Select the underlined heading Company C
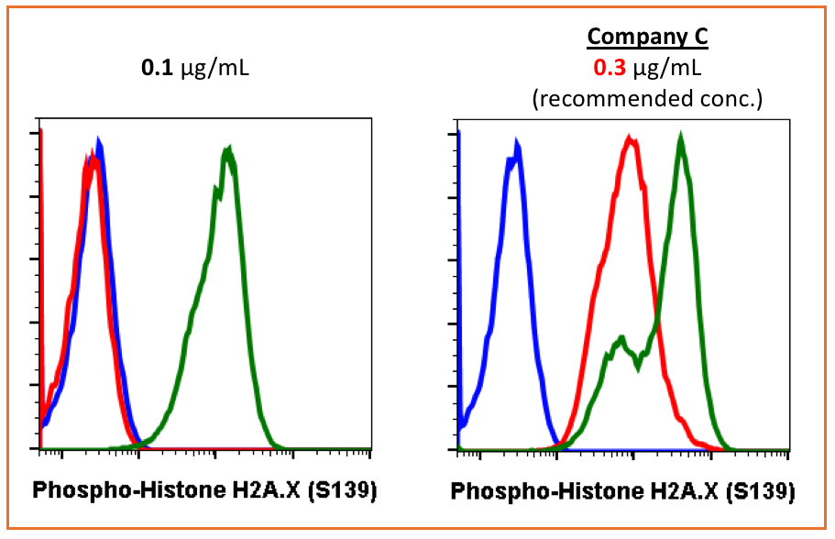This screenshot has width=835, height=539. point(647,38)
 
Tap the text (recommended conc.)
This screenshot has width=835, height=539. point(647,98)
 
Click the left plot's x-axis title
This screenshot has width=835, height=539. point(205,489)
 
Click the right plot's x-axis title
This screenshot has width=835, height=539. point(622,491)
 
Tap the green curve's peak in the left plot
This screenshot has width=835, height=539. point(227,151)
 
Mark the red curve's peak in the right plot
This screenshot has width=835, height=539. point(630,139)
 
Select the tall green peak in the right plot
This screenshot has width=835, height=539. point(680,138)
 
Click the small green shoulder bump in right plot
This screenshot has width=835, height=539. point(621,340)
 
